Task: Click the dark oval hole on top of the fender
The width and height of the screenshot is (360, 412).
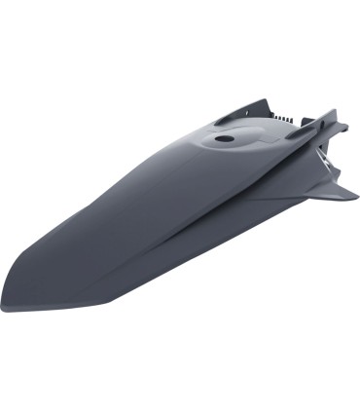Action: (225, 139)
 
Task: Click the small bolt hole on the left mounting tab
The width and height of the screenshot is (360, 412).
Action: (222, 116)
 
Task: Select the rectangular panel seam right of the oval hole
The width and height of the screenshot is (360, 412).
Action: (268, 144)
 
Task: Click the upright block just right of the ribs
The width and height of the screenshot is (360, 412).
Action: (302, 116)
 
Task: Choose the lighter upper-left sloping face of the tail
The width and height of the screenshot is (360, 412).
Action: (107, 195)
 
